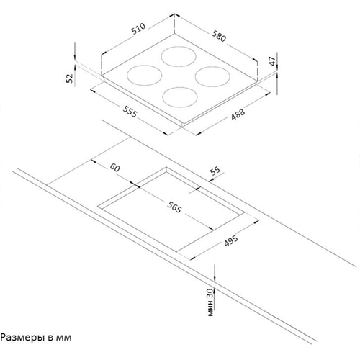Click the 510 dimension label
[x=138, y=29]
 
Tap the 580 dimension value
[x=219, y=36]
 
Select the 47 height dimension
[x=272, y=61]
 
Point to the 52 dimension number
[x=70, y=78]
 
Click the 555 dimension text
[x=130, y=112]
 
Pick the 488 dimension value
[x=238, y=114]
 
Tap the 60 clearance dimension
[x=114, y=168]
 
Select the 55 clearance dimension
[x=215, y=171]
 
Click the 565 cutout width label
[x=174, y=207]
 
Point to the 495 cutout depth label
[x=231, y=240]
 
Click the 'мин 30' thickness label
[x=210, y=302]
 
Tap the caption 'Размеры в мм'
[x=36, y=338]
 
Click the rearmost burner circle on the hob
[x=179, y=57]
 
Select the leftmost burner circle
[x=144, y=76]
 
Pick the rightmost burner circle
[x=212, y=76]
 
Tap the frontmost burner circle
[x=180, y=97]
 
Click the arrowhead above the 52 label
[x=75, y=57]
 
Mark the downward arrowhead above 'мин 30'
[x=215, y=278]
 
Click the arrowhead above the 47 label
[x=276, y=68]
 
